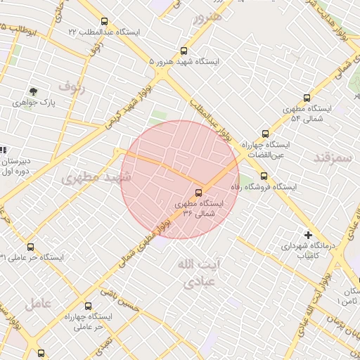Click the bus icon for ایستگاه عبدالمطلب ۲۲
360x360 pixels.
pos(105,21)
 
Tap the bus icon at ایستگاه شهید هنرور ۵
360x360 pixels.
pos(184,51)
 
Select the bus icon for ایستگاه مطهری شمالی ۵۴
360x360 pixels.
pos(307,98)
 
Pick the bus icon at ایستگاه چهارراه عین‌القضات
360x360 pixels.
pos(265,133)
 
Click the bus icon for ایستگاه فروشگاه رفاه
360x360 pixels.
pos(264,176)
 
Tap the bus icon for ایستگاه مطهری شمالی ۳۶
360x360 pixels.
pos(199,191)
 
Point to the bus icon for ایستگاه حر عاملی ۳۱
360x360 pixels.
pos(30,247)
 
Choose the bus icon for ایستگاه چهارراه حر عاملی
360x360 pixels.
pos(88,306)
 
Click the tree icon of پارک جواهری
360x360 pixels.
pos(33,91)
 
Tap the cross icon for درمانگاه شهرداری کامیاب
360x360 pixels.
pos(307,235)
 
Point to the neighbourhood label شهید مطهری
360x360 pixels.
pos(96,176)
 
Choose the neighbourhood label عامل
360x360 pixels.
pos(38,304)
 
